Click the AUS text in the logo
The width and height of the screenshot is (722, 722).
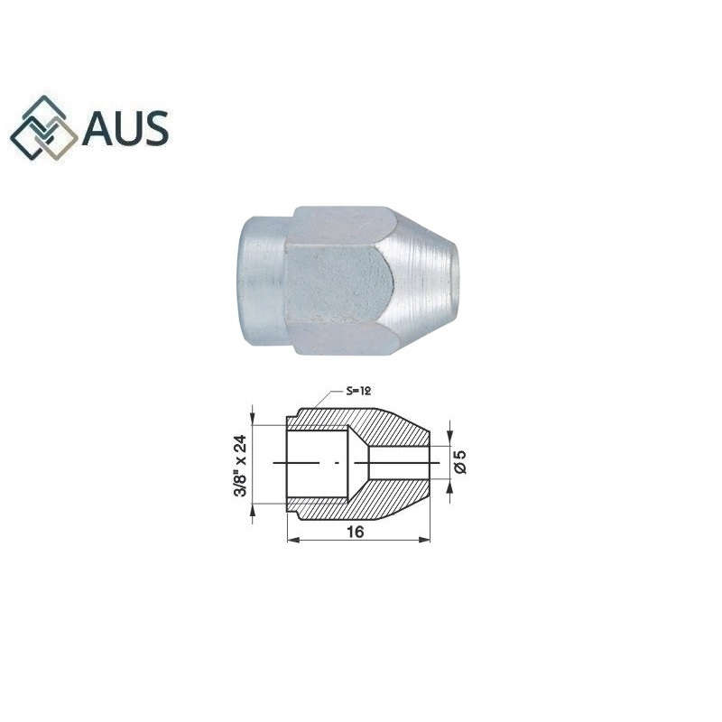pos(125,127)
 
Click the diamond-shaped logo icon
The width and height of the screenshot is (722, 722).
pos(44,128)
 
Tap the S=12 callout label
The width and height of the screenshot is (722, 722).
pos(358,391)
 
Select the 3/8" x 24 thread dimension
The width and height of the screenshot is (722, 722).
pos(240,466)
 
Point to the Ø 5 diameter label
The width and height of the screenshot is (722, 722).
pos(460,462)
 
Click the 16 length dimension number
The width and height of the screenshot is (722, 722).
pos(355,532)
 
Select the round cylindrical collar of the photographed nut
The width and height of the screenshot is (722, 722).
pos(264,280)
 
